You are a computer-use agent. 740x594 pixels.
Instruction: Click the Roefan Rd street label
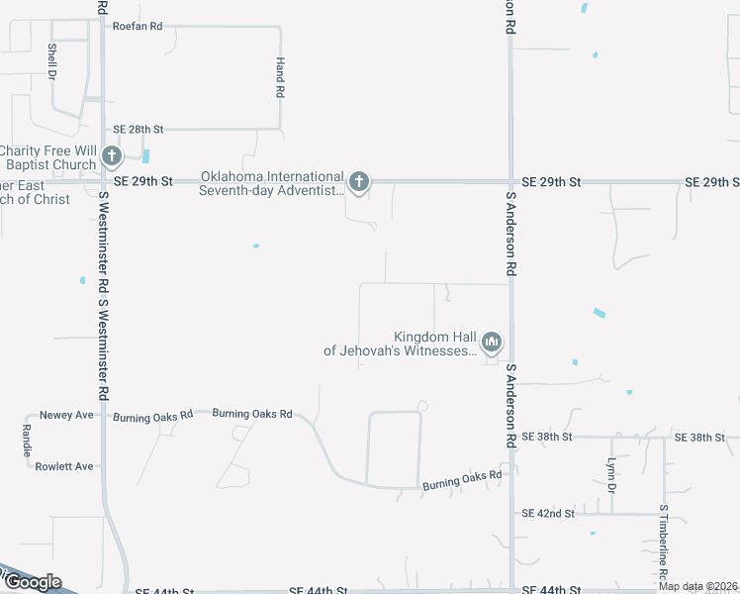tap(138, 26)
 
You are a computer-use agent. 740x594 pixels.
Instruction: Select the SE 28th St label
tap(138, 129)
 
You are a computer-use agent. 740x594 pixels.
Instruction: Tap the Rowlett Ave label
tap(64, 466)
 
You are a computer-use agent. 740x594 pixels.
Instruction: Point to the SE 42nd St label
tap(548, 513)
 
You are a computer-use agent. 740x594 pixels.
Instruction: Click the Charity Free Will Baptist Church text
tap(47, 157)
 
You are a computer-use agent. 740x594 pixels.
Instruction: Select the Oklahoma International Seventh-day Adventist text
tap(272, 183)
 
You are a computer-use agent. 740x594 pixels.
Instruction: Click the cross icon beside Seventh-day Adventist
tap(359, 181)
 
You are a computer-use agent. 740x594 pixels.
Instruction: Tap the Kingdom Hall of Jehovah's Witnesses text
tap(400, 343)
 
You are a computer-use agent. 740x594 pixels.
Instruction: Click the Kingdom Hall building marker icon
tap(492, 343)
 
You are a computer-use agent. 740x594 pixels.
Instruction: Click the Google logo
tap(32, 582)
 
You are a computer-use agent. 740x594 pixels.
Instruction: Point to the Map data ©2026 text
tap(698, 586)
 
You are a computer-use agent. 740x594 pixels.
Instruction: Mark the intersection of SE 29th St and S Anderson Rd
tap(510, 182)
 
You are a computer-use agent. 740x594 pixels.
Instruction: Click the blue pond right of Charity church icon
tap(146, 156)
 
